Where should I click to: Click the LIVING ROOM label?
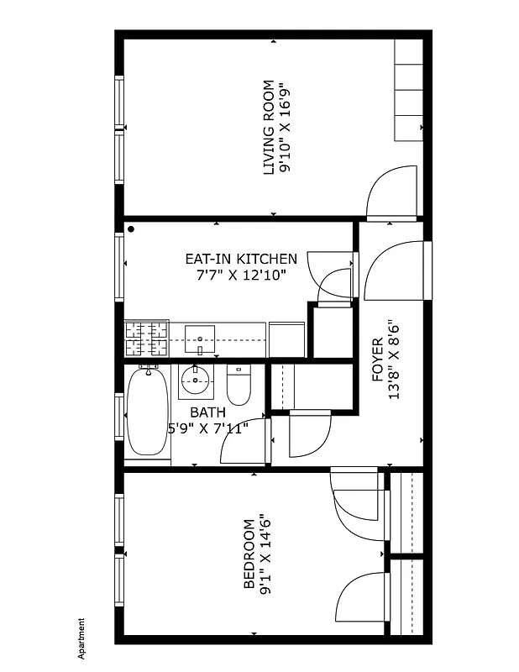269,127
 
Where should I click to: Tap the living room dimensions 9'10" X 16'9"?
286,127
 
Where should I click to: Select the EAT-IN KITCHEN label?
242,259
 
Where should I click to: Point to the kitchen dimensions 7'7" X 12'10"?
242,275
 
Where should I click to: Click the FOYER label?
378,360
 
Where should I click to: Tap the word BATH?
207,412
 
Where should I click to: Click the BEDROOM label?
249,554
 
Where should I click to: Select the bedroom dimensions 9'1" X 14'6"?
265,554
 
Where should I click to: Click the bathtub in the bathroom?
148,412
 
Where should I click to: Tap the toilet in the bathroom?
239,386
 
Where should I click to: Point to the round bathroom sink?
197,382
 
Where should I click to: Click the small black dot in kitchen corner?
131,228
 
